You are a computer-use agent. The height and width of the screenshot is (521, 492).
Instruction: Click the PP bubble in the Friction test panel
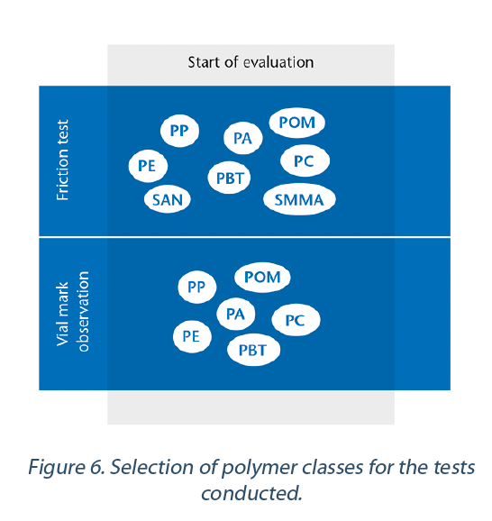tap(179, 131)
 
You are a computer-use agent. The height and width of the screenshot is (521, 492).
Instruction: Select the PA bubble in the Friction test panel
tap(242, 138)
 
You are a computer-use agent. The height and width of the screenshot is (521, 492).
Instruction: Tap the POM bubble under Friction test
tap(296, 123)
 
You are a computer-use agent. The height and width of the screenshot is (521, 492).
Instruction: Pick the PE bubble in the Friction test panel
tap(148, 166)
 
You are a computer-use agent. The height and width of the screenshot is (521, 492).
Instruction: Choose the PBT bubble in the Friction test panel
tap(229, 178)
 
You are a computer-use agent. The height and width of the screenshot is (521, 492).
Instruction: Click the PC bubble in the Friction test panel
tap(305, 160)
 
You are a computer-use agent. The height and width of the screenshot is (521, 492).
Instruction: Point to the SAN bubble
tap(168, 199)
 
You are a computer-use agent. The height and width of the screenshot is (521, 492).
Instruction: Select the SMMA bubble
tap(299, 199)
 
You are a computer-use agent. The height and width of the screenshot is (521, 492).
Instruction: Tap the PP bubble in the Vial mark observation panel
tap(197, 287)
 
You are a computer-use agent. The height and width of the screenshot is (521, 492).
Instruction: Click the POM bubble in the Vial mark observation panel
tap(262, 277)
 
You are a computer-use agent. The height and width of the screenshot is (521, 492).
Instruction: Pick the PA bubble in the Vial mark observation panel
tap(235, 314)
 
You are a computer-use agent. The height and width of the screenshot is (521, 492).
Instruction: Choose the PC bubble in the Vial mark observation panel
tap(296, 320)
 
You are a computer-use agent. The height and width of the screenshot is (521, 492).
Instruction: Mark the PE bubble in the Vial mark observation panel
tap(192, 336)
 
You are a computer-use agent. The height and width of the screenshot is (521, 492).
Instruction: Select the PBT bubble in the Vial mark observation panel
tap(253, 350)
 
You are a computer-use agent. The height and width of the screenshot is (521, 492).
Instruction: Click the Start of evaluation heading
tap(251, 62)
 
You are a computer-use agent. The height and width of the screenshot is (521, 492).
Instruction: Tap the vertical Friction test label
tap(62, 160)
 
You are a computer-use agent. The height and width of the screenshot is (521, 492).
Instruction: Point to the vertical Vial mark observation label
tap(73, 312)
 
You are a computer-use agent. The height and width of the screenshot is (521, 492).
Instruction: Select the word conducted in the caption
tap(251, 493)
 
